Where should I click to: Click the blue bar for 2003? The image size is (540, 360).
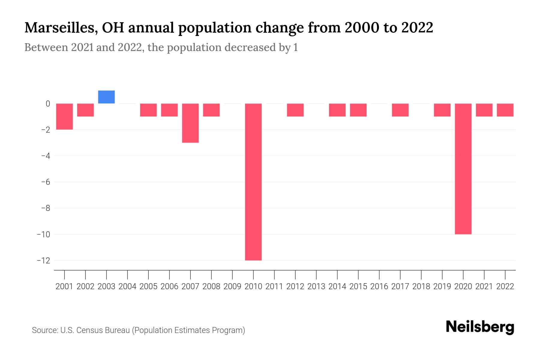[x=106, y=97]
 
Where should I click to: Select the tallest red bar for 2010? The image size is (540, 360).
[x=253, y=182]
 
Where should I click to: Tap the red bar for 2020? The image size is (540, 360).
[x=463, y=169]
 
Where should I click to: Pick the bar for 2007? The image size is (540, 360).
[x=190, y=123]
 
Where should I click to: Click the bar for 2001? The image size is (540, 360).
[x=64, y=116]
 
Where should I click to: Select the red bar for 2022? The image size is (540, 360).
[x=505, y=110]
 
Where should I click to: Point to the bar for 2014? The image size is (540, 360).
[x=337, y=110]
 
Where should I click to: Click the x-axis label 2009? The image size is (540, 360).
[x=232, y=286]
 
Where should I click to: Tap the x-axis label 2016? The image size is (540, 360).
[x=379, y=286]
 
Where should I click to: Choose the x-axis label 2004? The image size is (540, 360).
[x=127, y=286]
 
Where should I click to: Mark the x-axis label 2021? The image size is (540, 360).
[x=484, y=286]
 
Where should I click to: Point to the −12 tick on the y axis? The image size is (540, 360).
[x=43, y=260]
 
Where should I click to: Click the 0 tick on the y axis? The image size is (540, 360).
[x=48, y=104]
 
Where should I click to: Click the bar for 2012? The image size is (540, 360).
[x=295, y=110]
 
